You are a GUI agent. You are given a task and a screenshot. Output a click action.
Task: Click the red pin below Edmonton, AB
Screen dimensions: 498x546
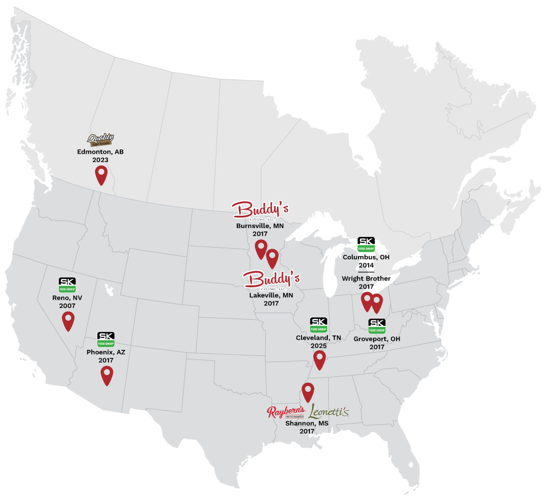click(101, 175)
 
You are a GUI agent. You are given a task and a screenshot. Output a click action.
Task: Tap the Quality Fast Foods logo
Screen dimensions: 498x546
click(101, 140)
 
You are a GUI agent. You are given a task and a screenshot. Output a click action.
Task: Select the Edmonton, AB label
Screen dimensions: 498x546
click(101, 152)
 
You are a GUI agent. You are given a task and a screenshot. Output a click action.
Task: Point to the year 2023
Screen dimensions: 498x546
click(101, 160)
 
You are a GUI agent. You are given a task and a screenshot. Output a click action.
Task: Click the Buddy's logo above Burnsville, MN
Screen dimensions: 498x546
click(260, 210)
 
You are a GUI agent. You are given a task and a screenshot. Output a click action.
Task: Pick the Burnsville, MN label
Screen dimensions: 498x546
click(260, 226)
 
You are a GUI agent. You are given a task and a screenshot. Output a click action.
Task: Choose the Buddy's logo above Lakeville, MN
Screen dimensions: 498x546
click(272, 279)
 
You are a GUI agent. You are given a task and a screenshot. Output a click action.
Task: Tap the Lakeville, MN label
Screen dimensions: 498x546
click(271, 295)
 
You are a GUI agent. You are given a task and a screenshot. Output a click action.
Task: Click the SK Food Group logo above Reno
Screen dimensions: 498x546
click(67, 284)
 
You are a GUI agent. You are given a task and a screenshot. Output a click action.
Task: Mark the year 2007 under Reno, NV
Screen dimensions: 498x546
click(67, 306)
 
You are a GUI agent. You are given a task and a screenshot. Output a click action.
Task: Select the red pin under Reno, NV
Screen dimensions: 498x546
click(68, 320)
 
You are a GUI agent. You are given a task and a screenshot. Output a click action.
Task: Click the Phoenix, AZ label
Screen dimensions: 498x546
click(106, 353)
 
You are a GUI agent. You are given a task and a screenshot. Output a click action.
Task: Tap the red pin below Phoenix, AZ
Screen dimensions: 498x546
click(107, 375)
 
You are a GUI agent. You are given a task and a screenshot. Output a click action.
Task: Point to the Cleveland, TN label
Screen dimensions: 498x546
click(318, 338)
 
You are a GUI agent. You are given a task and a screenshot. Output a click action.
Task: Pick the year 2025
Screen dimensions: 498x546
click(318, 346)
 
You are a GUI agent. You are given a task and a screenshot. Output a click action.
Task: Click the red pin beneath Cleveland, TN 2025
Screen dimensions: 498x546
click(319, 359)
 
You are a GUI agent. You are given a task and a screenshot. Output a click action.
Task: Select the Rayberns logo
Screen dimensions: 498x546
click(286, 412)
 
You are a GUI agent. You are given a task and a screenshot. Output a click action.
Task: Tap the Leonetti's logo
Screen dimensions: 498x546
click(328, 411)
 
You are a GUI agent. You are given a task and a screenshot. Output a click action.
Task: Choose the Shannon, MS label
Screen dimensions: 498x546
click(307, 423)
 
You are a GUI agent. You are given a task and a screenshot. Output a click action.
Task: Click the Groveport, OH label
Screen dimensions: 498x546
click(377, 339)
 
